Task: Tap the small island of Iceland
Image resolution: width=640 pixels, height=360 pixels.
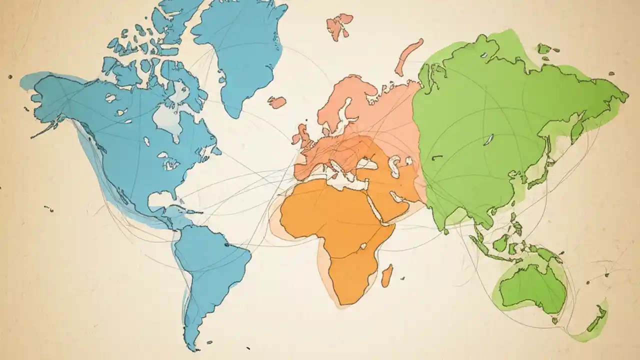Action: point(276,102)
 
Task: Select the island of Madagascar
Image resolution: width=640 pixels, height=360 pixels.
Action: point(386,275)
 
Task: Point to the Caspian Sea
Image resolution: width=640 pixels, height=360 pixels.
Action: point(395,165)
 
